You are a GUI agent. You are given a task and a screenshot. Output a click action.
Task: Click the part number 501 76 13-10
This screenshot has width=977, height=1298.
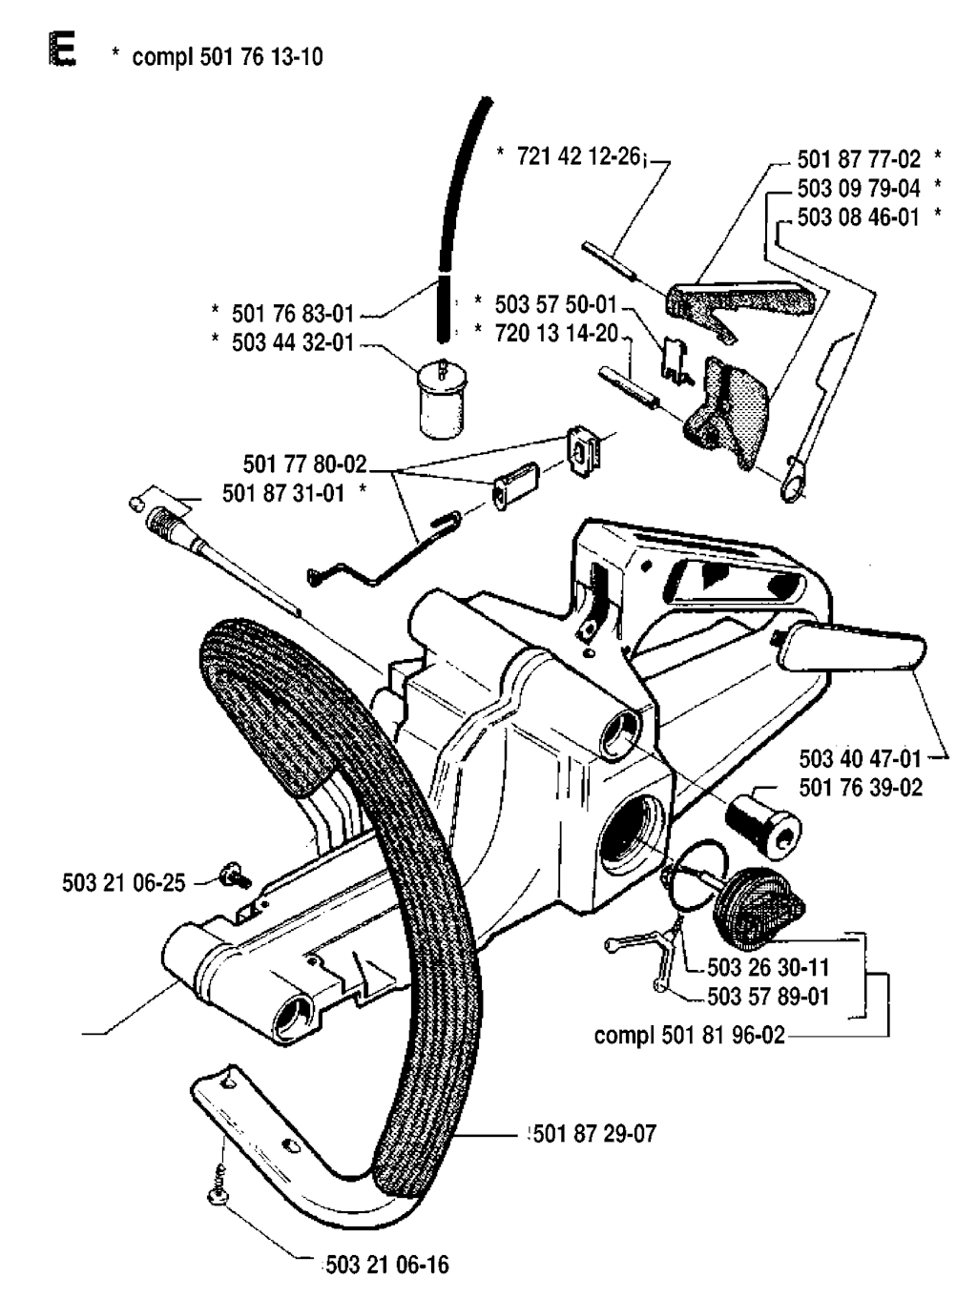pos(261,57)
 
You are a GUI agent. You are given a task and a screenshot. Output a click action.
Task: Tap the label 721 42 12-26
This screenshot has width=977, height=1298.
pos(579,156)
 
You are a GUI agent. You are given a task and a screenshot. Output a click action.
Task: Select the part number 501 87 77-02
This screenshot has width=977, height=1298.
pos(859,159)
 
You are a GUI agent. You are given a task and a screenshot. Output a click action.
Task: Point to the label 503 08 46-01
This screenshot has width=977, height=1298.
pos(859,217)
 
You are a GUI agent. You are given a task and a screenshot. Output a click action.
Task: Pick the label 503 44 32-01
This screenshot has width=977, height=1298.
pos(293,342)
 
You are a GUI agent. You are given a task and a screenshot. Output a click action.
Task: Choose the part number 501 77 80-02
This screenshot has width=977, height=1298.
pos(305,464)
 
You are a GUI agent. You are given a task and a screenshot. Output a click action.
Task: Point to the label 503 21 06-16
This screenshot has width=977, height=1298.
pos(387,1265)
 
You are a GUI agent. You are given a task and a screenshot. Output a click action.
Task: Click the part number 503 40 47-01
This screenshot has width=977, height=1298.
pos(861,759)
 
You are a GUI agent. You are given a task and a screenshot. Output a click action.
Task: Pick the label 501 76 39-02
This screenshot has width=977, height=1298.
pos(861,788)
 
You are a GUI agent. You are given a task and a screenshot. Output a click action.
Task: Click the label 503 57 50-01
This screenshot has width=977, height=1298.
pos(556,304)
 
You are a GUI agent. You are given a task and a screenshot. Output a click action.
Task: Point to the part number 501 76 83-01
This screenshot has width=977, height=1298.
pos(293,314)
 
